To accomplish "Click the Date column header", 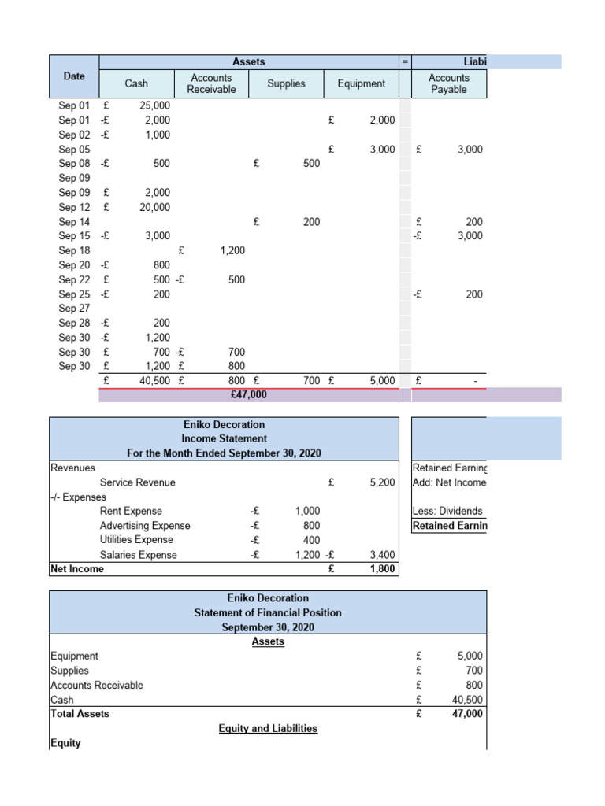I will (74, 76).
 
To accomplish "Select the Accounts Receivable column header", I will (211, 83).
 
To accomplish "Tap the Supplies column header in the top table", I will (286, 83).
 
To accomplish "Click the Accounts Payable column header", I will (448, 83).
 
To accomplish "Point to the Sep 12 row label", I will (74, 207).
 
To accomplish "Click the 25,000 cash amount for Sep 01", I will (154, 105).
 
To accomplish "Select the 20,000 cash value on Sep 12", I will (154, 207).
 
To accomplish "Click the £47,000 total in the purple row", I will (247, 395).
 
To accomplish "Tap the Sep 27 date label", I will (74, 309).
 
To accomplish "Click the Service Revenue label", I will (138, 482).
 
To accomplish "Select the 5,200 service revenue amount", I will (381, 482).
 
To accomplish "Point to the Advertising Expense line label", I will (145, 526).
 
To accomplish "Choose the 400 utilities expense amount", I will (311, 540).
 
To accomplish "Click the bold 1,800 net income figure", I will (381, 569).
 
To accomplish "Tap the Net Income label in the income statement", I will (77, 569).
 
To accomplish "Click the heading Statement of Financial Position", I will (268, 612).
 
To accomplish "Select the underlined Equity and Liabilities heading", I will (268, 729).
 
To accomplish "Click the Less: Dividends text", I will (447, 512).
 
